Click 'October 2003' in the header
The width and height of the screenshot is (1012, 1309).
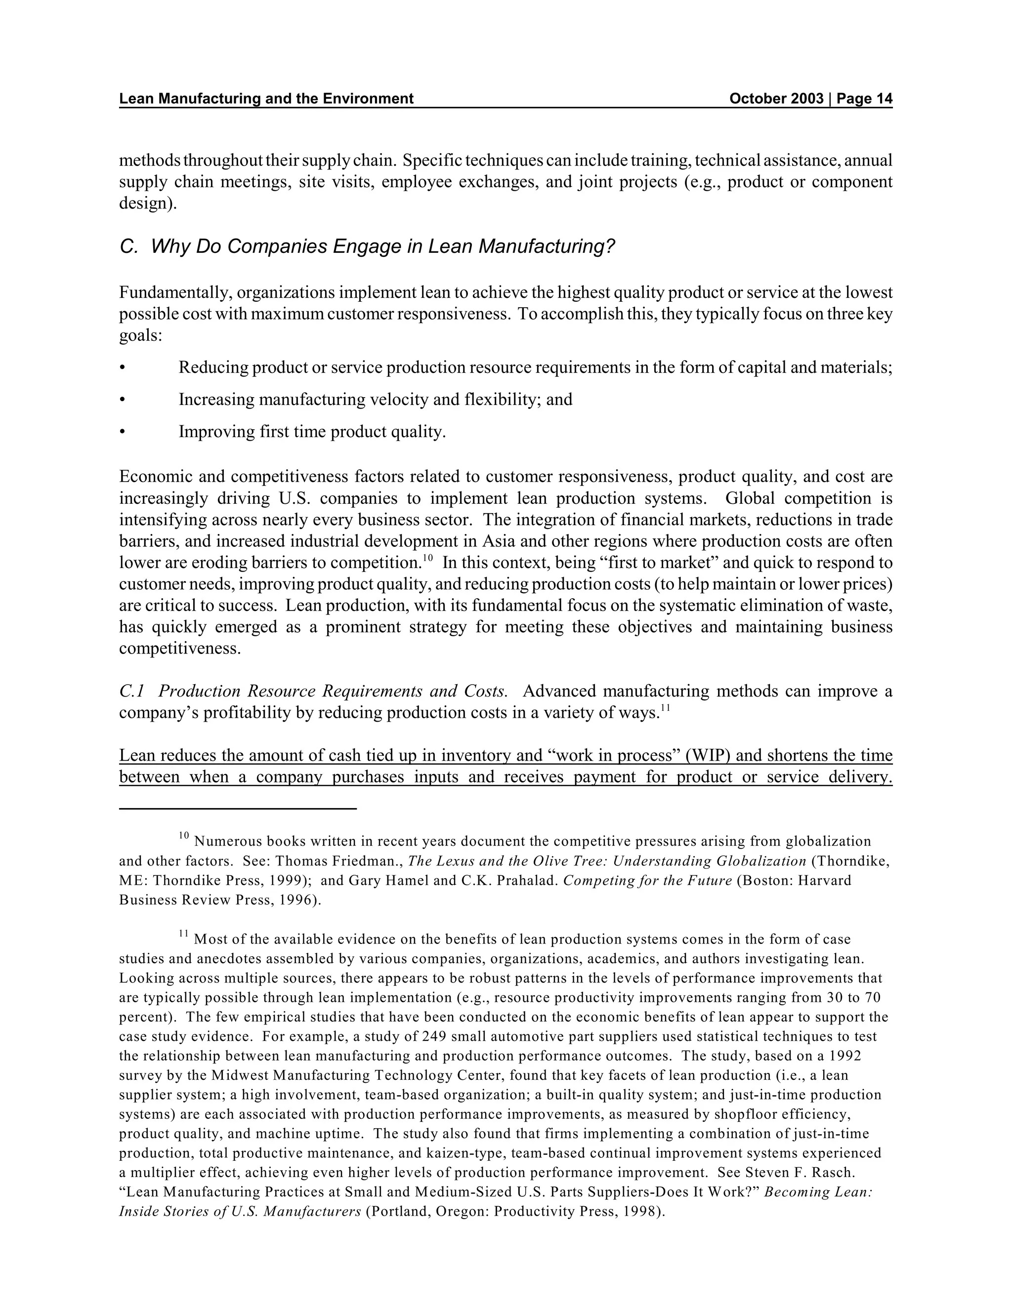(x=776, y=99)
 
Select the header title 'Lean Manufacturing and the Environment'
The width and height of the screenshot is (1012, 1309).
(x=266, y=99)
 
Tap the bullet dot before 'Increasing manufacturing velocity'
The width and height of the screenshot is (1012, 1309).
(x=123, y=400)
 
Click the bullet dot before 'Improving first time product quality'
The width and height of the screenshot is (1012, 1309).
(x=123, y=432)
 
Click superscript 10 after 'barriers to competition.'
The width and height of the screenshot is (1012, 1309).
(x=427, y=559)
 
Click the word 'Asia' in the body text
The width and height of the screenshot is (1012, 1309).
(x=495, y=542)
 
